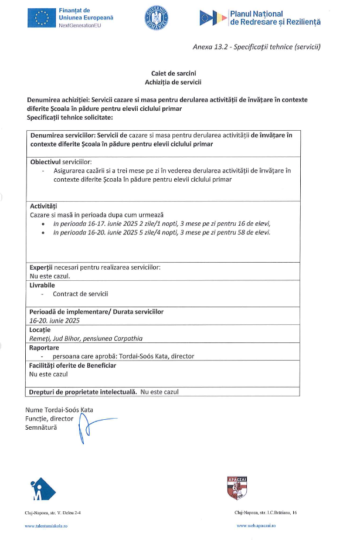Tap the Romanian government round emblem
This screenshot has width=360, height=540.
156,19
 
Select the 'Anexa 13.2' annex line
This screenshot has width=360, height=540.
257,46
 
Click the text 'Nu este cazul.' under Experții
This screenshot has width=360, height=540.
50,275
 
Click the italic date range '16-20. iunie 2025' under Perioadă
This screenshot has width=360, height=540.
54,321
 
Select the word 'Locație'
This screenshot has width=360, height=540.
40,330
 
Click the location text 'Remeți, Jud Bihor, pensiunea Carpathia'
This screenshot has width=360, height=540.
86,338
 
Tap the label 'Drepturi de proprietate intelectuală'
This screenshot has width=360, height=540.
83,392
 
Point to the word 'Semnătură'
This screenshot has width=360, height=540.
41,428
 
